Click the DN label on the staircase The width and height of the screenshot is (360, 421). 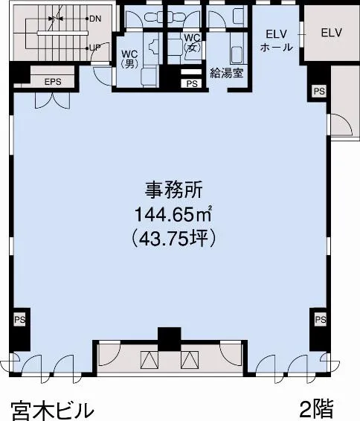click(x=95, y=19)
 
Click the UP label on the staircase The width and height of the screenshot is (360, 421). click(x=95, y=48)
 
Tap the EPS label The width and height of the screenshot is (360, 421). click(x=53, y=82)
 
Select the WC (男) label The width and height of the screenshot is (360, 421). click(x=129, y=59)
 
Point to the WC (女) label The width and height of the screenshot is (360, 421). click(x=192, y=42)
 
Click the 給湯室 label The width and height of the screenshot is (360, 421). click(x=227, y=73)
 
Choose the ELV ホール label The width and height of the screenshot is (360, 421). click(x=277, y=41)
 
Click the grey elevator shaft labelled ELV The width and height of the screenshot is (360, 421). click(x=331, y=33)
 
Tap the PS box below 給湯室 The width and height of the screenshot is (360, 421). click(x=192, y=83)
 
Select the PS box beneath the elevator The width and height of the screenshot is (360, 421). click(x=319, y=91)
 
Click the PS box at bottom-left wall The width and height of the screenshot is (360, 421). click(x=20, y=320)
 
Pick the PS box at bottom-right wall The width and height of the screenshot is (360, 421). click(x=321, y=320)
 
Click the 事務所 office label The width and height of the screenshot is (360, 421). click(x=173, y=190)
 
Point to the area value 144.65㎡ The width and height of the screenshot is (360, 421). click(x=173, y=214)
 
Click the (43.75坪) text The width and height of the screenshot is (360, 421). click(x=173, y=238)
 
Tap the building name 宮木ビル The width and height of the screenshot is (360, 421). click(x=52, y=411)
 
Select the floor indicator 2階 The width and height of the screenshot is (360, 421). click(x=317, y=409)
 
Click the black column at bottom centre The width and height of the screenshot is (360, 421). click(x=169, y=339)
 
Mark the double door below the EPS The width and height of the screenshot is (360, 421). click(x=53, y=100)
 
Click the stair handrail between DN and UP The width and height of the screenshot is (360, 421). click(x=62, y=33)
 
